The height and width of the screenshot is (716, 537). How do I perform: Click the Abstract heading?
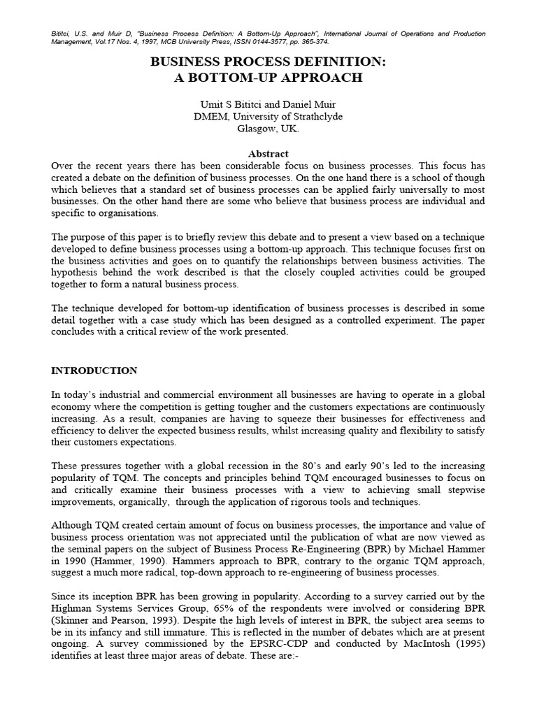click(268, 154)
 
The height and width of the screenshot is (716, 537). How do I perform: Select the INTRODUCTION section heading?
click(94, 371)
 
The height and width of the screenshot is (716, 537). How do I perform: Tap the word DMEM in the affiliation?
click(209, 117)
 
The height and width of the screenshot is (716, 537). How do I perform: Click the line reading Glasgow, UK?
click(268, 129)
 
